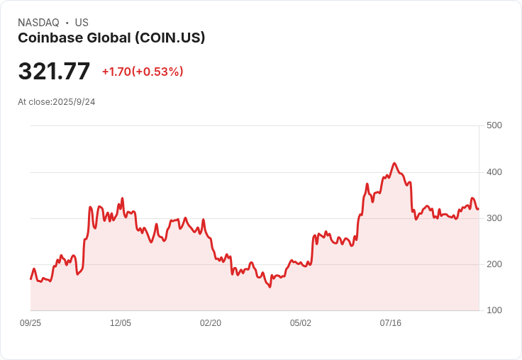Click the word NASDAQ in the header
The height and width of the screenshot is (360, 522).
(38, 23)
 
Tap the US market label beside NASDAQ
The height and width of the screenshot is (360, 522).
(82, 23)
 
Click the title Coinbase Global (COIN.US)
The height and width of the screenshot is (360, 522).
(111, 38)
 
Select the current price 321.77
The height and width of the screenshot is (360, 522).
(54, 72)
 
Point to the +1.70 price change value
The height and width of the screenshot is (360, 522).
(117, 72)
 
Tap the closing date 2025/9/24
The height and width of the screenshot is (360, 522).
(74, 102)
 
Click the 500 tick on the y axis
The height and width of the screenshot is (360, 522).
(494, 125)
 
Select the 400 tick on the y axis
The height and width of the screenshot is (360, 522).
(494, 172)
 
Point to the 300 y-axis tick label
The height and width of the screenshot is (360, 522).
(494, 218)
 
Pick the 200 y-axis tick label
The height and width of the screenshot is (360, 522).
(494, 264)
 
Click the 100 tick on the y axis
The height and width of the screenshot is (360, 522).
(494, 310)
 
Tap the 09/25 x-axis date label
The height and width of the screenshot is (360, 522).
(30, 323)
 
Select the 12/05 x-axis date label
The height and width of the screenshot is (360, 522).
(121, 323)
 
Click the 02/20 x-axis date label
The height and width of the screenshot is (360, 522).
(211, 323)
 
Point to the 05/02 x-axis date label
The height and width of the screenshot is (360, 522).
(301, 323)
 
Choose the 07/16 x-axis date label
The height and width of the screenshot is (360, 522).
(391, 323)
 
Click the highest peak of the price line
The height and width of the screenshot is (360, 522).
(394, 163)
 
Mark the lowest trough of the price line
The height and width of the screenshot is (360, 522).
(270, 286)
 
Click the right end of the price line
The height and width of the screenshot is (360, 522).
(478, 208)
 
